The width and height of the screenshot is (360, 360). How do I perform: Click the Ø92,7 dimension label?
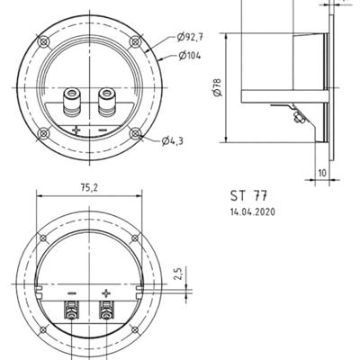coord(189,37)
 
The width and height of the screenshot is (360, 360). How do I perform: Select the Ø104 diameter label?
coord(188,56)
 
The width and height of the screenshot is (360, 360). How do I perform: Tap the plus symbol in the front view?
coord(76,130)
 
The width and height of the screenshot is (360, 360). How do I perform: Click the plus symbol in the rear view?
coord(105,293)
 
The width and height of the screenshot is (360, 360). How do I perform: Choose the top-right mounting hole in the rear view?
coord(135,238)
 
